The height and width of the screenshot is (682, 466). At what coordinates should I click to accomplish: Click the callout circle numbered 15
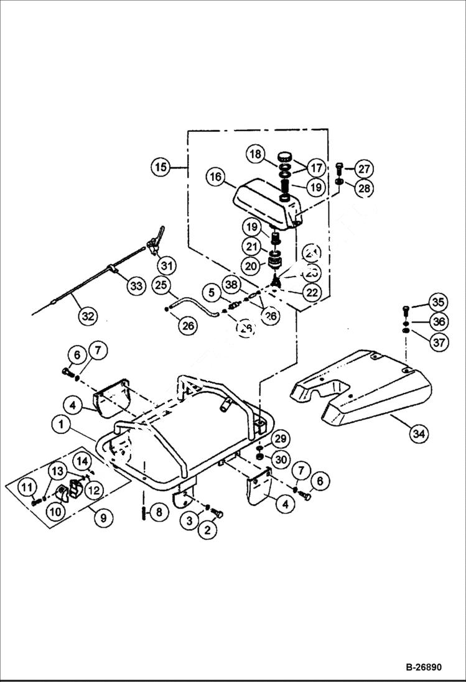point(161,167)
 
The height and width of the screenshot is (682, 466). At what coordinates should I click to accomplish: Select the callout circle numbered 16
point(216,177)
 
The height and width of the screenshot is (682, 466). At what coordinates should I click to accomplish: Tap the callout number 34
point(420,434)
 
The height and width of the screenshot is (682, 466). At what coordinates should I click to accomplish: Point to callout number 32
point(88,316)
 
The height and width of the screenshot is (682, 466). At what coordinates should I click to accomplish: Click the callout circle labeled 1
point(61,425)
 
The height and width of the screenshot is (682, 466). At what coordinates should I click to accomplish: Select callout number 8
point(159,512)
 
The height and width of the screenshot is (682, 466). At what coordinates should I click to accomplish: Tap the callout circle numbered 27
point(364,168)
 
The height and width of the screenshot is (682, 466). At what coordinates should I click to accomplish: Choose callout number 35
point(438,303)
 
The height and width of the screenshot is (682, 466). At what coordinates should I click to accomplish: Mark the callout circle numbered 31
point(166,266)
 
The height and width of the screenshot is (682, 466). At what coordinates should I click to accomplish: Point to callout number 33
point(136,287)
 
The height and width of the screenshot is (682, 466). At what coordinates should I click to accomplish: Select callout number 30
point(281,459)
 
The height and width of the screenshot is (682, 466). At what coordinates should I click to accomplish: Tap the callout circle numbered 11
point(27,487)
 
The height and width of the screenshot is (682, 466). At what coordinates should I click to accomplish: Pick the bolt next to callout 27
point(339,167)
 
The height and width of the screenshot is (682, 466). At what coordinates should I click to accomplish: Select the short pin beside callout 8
point(144,512)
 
